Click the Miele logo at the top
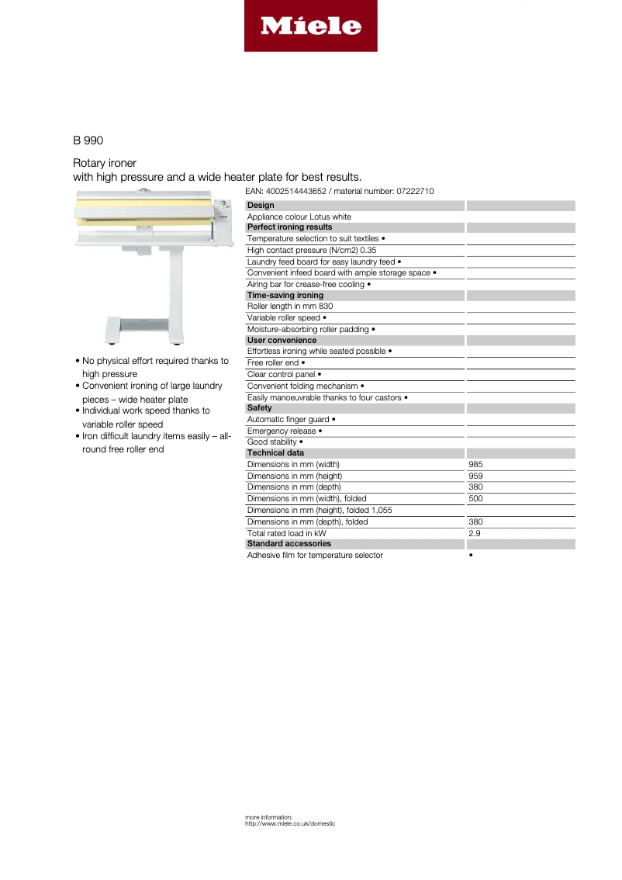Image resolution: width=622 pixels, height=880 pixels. click(x=310, y=26)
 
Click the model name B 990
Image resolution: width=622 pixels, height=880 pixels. click(x=88, y=140)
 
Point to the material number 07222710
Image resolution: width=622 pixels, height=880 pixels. click(x=412, y=191)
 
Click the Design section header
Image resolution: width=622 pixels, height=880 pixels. click(x=261, y=206)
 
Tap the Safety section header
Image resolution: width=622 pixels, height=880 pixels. click(x=260, y=408)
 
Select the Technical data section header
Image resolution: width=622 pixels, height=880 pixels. click(x=275, y=453)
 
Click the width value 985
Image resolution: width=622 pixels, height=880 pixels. click(x=475, y=465)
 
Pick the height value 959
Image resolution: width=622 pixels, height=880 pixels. click(x=475, y=476)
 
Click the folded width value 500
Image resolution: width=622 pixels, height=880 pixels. click(x=475, y=499)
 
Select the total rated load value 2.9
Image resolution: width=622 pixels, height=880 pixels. click(x=474, y=534)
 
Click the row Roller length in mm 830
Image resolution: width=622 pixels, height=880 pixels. click(x=290, y=307)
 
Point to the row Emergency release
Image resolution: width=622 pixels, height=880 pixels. click(x=285, y=431)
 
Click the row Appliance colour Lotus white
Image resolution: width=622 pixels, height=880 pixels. click(x=299, y=217)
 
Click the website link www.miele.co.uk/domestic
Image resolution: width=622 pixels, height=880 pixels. click(x=290, y=823)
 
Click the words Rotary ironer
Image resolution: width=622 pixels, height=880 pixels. click(x=105, y=163)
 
